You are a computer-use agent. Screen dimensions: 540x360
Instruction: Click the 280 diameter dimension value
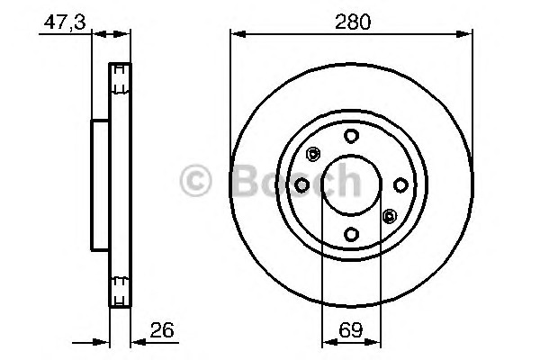(x=353, y=22)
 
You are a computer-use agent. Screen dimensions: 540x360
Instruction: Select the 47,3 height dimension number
(x=65, y=22)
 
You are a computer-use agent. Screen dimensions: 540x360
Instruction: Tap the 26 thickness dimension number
(x=162, y=329)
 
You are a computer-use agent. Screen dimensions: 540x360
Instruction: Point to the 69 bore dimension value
(x=351, y=329)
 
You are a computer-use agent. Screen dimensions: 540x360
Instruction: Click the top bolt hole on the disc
(x=351, y=136)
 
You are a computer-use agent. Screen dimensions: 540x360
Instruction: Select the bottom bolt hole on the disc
(x=351, y=234)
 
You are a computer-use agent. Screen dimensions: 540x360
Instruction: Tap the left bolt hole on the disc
(x=302, y=185)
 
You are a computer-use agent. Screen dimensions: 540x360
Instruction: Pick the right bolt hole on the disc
(x=400, y=185)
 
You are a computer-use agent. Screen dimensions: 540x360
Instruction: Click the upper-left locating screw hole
(x=313, y=154)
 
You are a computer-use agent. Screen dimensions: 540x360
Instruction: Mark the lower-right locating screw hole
(x=390, y=216)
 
